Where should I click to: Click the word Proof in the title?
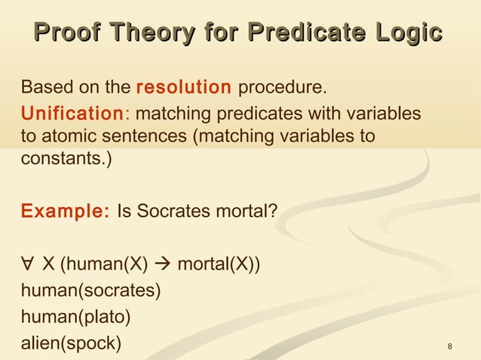[x=67, y=34]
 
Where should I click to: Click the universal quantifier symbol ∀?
[x=28, y=264]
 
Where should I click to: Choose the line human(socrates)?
[x=91, y=291]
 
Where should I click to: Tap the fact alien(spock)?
[x=71, y=343]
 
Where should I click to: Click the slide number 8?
[x=450, y=346]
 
